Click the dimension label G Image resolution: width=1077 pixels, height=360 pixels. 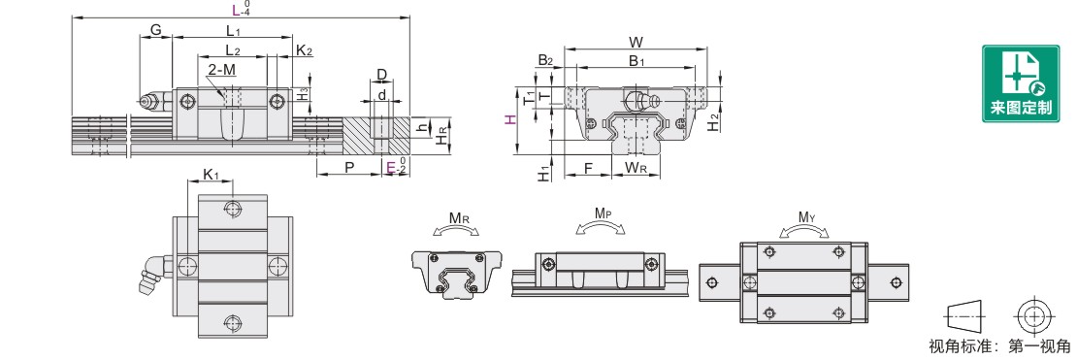click(x=156, y=29)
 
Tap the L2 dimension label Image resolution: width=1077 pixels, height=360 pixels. click(x=233, y=50)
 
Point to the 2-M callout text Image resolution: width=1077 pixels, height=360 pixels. click(x=221, y=70)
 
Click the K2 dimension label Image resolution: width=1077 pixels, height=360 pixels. click(x=305, y=50)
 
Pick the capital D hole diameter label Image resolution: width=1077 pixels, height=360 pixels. click(x=382, y=74)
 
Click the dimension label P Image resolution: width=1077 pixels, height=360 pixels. click(x=349, y=168)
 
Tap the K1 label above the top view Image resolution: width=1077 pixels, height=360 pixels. click(x=211, y=175)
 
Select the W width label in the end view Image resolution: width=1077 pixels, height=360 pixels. click(x=636, y=42)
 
